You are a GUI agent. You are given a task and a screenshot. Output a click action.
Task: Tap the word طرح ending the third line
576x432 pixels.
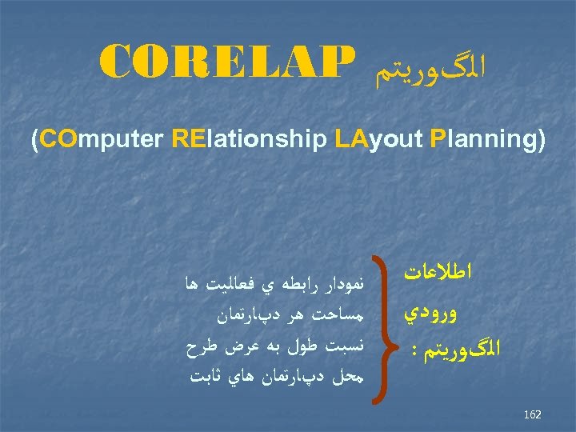(197, 347)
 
